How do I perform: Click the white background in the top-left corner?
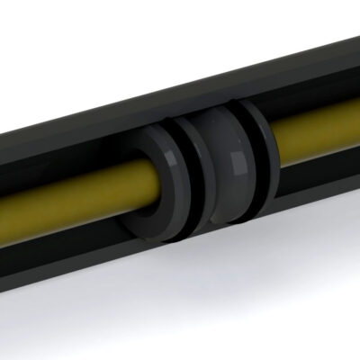27,27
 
